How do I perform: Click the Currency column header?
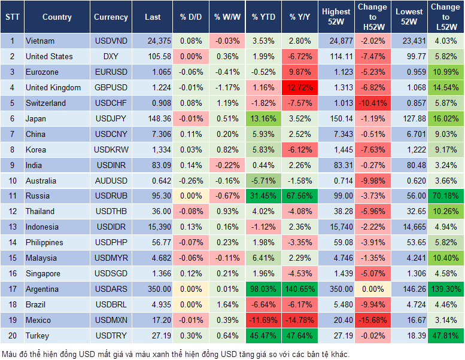(x=111, y=17)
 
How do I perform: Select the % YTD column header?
(x=263, y=17)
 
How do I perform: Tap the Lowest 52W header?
(x=409, y=17)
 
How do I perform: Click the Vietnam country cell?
(x=40, y=41)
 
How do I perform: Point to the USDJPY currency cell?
(x=111, y=118)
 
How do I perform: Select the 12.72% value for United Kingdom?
(x=300, y=87)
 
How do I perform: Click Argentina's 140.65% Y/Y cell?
(x=300, y=289)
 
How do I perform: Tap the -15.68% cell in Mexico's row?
(x=373, y=321)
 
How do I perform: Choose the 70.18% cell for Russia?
(x=445, y=196)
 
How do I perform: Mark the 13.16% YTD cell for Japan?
(x=263, y=118)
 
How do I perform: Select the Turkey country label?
(x=38, y=336)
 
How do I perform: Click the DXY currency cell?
(x=111, y=56)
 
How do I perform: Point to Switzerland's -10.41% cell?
(x=373, y=103)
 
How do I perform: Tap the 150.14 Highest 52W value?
(x=336, y=118)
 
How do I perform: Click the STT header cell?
(x=12, y=17)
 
